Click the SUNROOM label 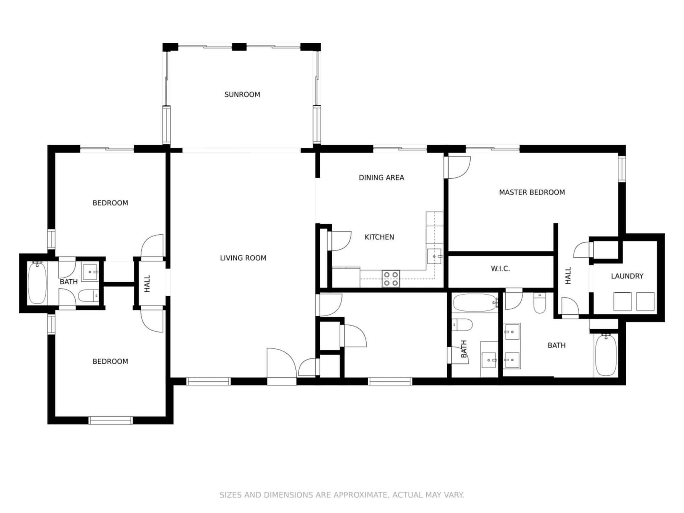point(242,94)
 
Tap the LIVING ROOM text point(243,258)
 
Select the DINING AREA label point(381,177)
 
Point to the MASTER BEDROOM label point(532,192)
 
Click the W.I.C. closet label point(501,268)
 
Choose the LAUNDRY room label point(627,276)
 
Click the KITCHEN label point(379,237)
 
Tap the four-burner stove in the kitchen point(391,279)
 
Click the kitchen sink point(435,256)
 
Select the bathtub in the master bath point(606,355)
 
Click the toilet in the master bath point(540,303)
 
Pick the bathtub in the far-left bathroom point(37,283)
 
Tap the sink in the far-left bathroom point(90,271)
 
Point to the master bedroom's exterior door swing point(457,167)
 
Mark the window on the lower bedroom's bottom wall point(111,420)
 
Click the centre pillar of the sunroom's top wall point(239,47)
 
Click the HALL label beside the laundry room point(568,275)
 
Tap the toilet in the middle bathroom point(462,324)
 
